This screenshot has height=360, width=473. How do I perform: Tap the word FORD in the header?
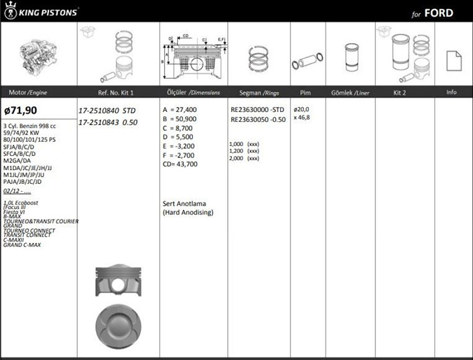(439, 13)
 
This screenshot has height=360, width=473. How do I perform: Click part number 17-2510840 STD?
(107, 111)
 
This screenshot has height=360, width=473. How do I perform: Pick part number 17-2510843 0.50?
(107, 123)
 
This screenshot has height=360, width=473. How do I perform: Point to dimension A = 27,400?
(180, 110)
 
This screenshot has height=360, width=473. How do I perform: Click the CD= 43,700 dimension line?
(180, 164)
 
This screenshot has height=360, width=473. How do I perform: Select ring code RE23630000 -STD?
(257, 110)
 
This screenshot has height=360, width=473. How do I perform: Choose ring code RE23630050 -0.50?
(258, 119)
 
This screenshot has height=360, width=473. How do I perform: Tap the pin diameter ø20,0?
(301, 109)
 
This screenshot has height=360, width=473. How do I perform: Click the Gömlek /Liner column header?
(350, 93)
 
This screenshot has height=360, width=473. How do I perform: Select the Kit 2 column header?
(399, 93)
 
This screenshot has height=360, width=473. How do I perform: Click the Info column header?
(451, 92)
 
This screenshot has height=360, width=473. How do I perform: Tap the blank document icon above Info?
(454, 61)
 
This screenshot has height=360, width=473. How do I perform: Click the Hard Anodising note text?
(188, 212)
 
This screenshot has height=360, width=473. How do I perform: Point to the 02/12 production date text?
(17, 191)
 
